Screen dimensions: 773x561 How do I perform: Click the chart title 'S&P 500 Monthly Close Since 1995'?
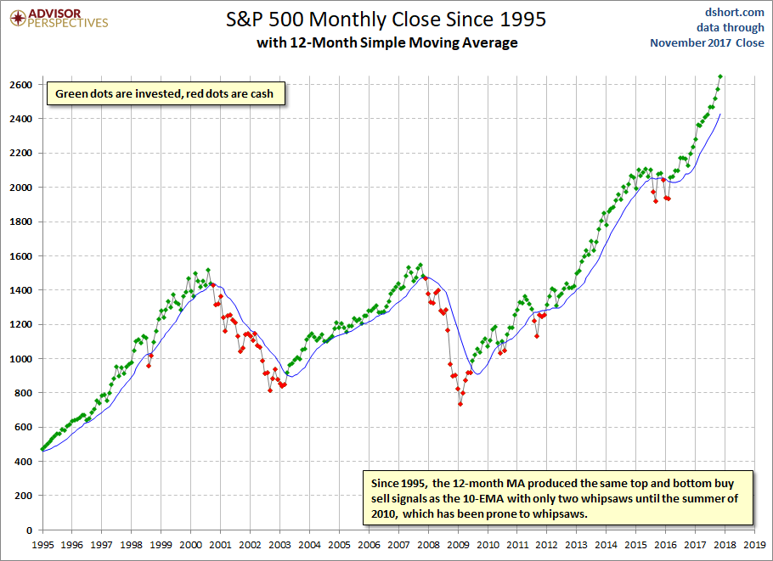(x=386, y=20)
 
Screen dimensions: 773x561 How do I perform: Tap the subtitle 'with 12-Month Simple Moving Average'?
(x=387, y=42)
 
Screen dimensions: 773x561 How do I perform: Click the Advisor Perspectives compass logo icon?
(x=18, y=18)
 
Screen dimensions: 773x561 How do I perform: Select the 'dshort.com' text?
(x=734, y=12)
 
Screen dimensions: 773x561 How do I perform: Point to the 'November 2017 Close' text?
(x=707, y=42)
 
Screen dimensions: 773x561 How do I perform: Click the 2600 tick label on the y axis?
(x=20, y=85)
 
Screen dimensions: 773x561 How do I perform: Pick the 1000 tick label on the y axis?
(x=20, y=359)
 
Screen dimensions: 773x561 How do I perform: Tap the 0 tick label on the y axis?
(x=29, y=530)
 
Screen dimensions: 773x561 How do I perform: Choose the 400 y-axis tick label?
(x=23, y=462)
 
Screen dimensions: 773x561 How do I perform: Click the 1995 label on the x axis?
(x=42, y=545)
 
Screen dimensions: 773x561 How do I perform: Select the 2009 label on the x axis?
(x=458, y=545)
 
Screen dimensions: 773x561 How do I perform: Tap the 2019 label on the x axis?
(x=755, y=545)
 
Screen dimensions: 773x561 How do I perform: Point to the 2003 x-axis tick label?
(x=280, y=545)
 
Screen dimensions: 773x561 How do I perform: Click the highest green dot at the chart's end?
(x=720, y=76)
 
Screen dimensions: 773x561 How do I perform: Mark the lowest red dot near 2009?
(x=460, y=404)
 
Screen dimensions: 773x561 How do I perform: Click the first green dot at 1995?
(x=42, y=449)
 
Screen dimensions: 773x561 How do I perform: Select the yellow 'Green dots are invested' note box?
(x=166, y=93)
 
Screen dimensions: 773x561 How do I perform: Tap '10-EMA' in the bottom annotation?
(x=483, y=499)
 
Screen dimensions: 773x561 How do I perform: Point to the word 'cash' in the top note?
(x=262, y=94)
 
